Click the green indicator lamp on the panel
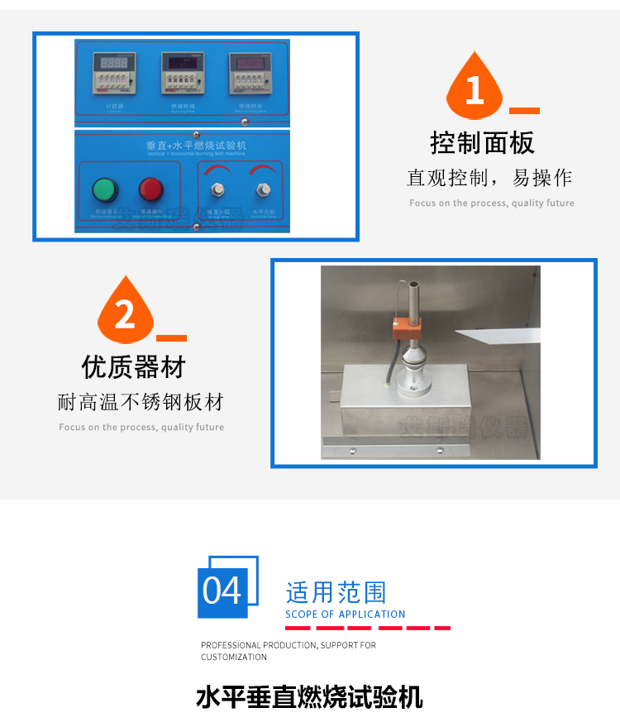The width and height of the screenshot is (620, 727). (x=104, y=189)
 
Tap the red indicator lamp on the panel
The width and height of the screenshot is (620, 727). (x=150, y=189)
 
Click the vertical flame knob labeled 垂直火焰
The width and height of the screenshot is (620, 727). (x=218, y=190)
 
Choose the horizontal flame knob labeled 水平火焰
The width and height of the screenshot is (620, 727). (x=264, y=190)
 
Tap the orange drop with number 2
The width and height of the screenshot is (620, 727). (x=125, y=313)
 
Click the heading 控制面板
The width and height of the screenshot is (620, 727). (x=482, y=142)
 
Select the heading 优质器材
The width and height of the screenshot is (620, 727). (x=133, y=366)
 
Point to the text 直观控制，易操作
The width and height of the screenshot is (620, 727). (x=489, y=178)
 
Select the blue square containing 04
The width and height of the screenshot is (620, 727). (x=222, y=591)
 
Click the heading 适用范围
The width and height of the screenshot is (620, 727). (x=336, y=592)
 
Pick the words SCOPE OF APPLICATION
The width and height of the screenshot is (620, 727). (x=346, y=615)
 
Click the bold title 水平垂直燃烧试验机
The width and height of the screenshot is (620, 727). (x=309, y=696)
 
